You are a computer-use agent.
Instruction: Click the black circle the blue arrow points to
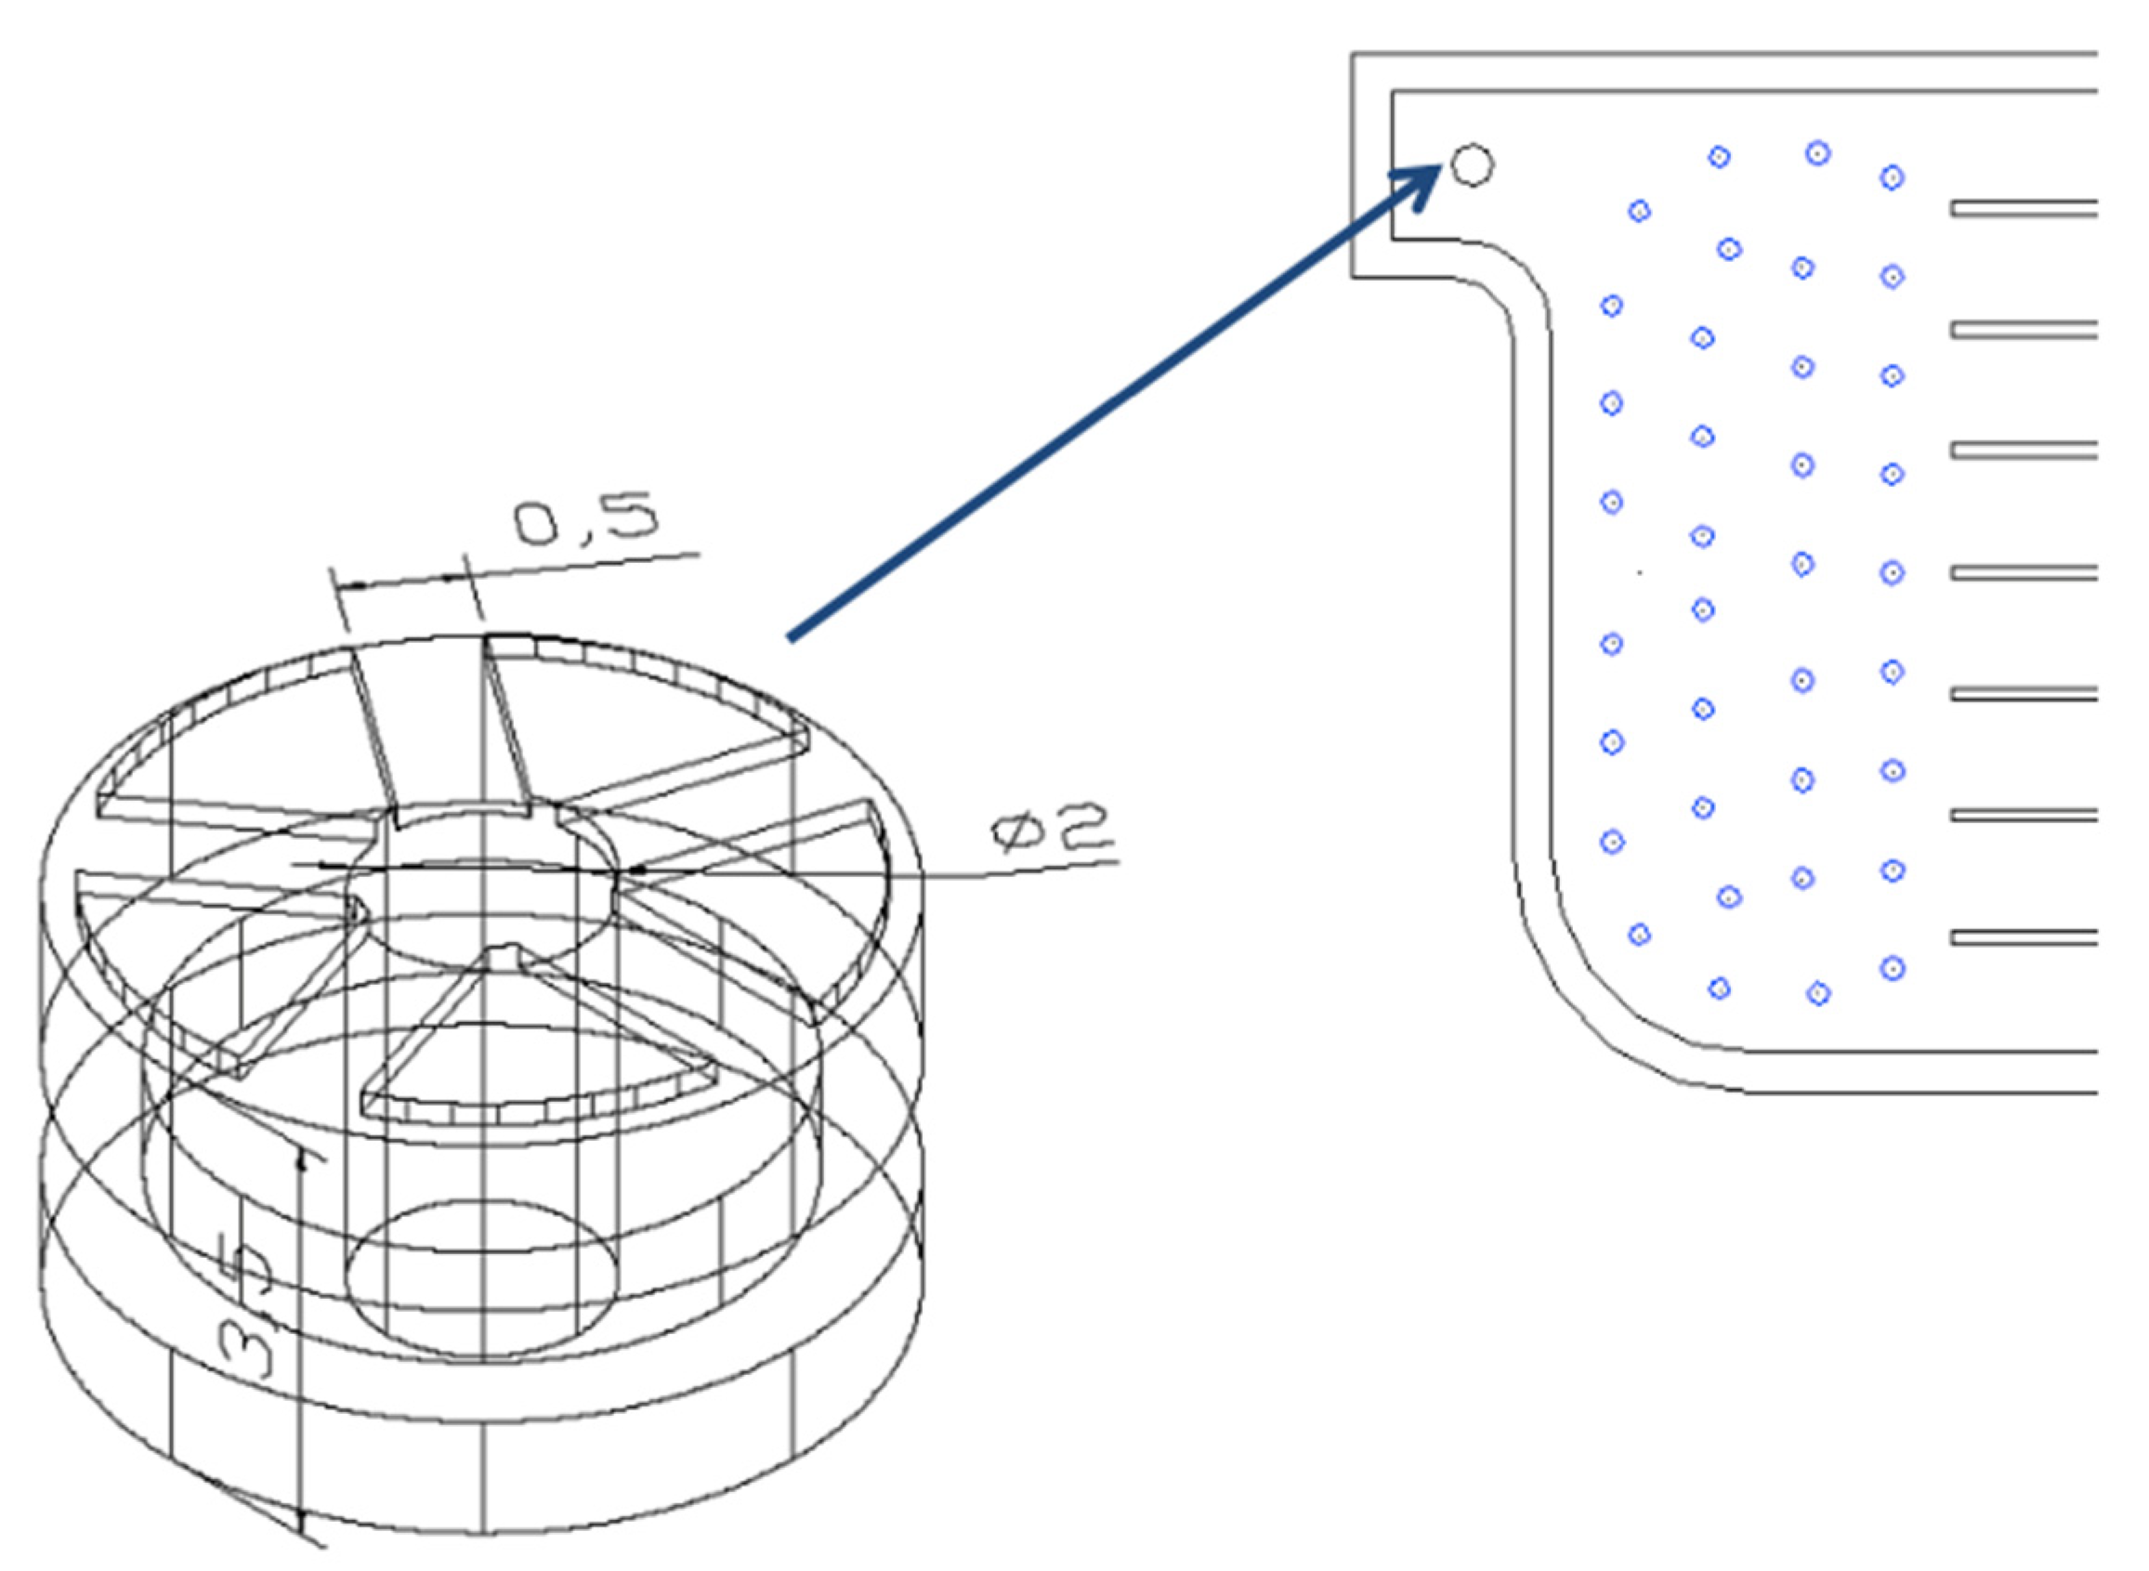pos(1472,164)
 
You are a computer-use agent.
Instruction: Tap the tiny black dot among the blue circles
pos(1638,572)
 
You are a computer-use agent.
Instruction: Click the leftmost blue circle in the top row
pos(1718,157)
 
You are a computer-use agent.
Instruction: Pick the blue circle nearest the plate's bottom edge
pos(1817,994)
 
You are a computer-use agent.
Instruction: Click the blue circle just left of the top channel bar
pos(1892,177)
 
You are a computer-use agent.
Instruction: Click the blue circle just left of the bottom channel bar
pos(1893,969)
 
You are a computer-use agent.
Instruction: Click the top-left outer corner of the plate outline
pos(1353,54)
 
